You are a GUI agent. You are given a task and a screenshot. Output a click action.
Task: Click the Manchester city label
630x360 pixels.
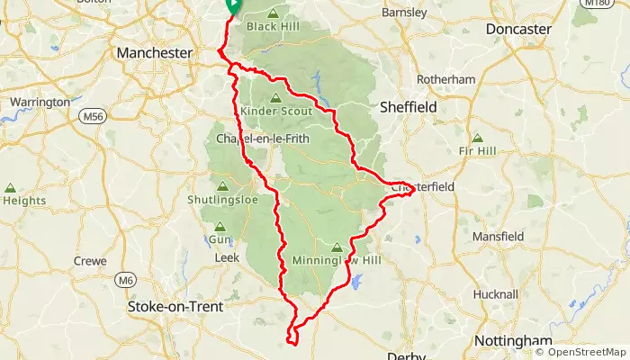click(155, 53)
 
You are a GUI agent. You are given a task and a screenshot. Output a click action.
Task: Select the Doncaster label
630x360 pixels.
click(517, 29)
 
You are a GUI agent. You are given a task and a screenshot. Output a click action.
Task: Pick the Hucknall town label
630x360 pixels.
click(496, 294)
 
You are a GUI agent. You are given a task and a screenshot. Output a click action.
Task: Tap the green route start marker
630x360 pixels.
click(231, 5)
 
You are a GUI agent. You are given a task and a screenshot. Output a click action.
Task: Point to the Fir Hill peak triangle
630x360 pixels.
click(477, 138)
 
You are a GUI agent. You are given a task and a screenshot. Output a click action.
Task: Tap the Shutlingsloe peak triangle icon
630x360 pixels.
click(221, 186)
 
